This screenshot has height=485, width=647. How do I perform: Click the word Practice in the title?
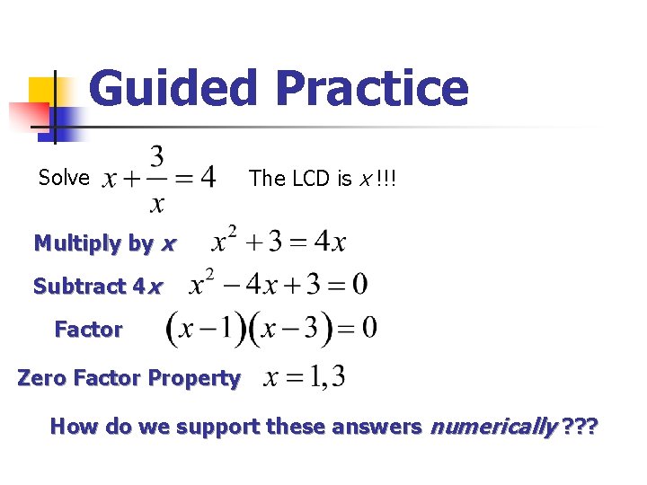coord(372,89)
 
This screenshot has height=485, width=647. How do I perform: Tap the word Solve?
coord(64,178)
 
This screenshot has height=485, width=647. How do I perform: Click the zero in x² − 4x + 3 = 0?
coord(359,286)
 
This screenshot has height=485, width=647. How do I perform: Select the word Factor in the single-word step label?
coord(88,330)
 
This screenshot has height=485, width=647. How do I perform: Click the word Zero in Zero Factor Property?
coord(40,378)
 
